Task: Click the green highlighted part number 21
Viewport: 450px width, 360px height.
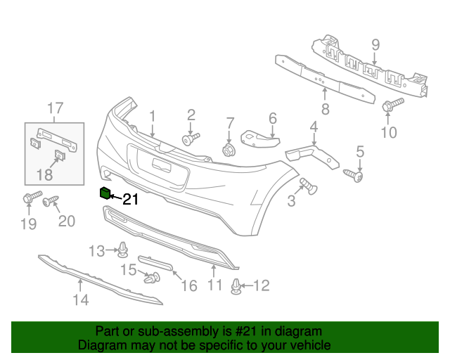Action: pyautogui.click(x=105, y=193)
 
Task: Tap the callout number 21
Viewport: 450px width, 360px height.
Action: pyautogui.click(x=131, y=200)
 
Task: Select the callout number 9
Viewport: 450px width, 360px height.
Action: pyautogui.click(x=375, y=46)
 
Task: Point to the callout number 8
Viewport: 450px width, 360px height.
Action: pyautogui.click(x=325, y=109)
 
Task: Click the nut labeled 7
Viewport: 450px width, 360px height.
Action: pyautogui.click(x=229, y=149)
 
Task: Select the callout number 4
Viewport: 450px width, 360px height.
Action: pyautogui.click(x=314, y=127)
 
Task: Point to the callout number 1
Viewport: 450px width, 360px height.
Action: pyautogui.click(x=151, y=115)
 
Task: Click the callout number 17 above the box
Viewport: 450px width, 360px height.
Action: pyautogui.click(x=55, y=108)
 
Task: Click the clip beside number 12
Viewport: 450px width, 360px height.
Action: pyautogui.click(x=237, y=286)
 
